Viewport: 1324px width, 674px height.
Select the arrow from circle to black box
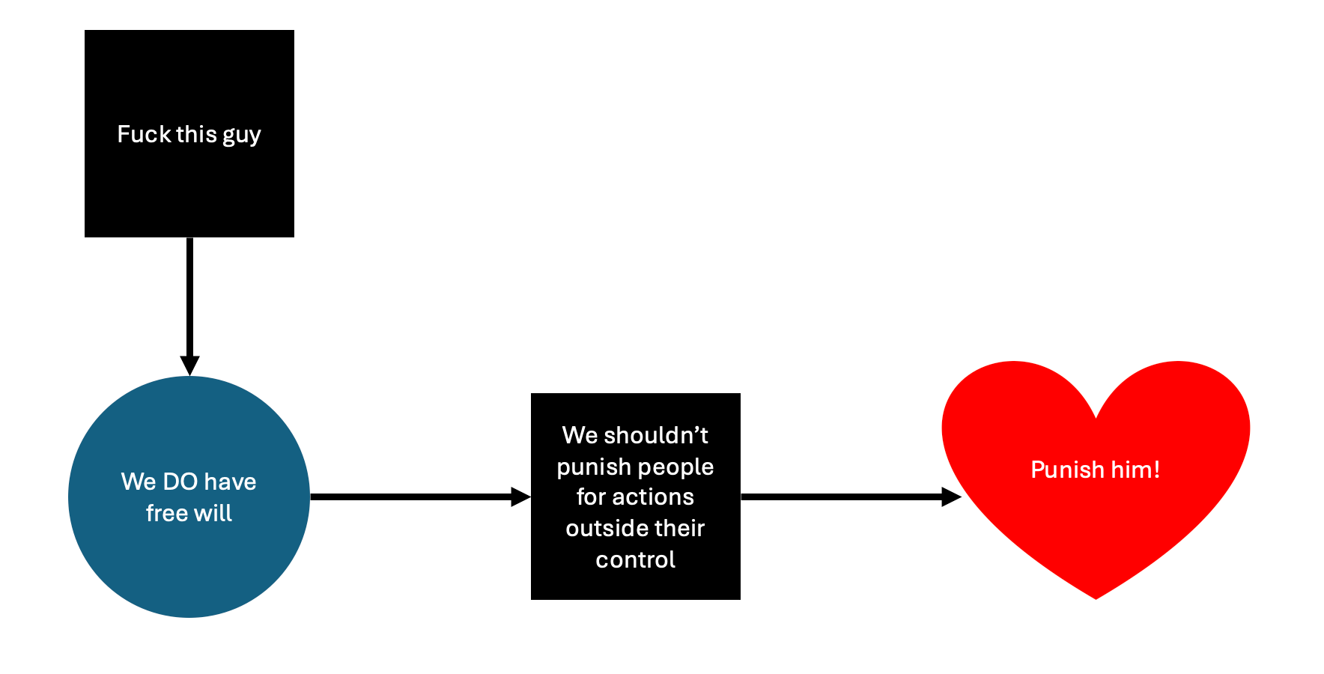click(412, 497)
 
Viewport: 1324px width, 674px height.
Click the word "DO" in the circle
click(180, 482)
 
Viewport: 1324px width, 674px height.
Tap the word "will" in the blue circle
click(213, 513)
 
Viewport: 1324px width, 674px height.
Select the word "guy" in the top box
click(241, 136)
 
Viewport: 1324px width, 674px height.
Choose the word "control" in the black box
click(635, 559)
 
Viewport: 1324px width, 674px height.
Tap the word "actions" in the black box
click(653, 497)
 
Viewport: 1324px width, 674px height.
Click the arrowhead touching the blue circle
click(189, 365)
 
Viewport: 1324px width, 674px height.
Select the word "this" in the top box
click(196, 134)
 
